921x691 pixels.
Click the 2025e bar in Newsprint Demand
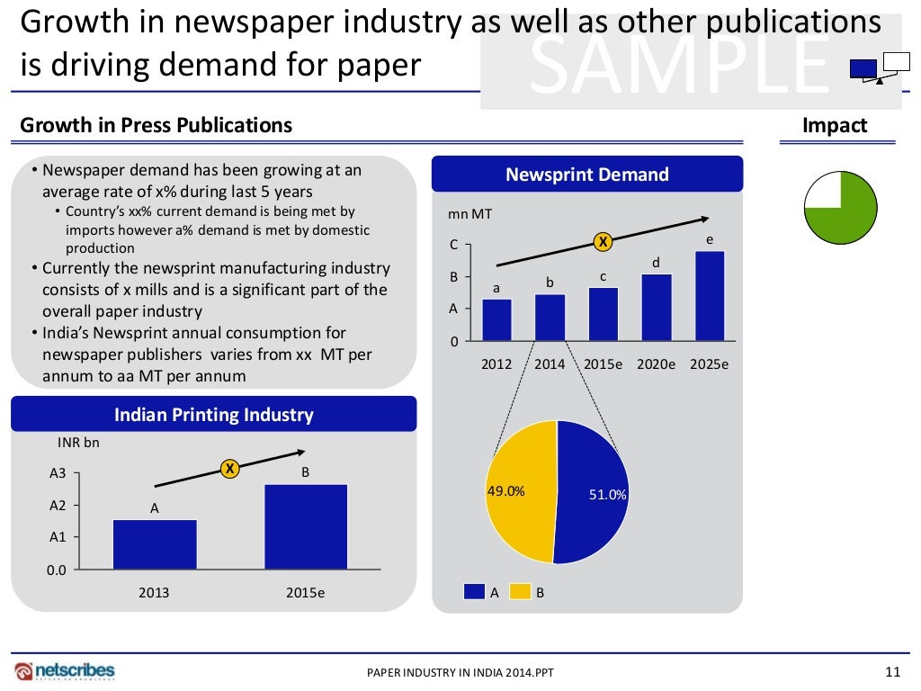[x=710, y=296]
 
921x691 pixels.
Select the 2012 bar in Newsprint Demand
[x=496, y=320]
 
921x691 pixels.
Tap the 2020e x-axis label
[x=657, y=364]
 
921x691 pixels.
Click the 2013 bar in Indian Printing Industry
[x=155, y=544]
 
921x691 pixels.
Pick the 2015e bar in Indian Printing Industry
[x=305, y=526]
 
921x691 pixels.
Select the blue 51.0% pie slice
[x=594, y=495]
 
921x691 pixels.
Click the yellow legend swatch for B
[x=520, y=592]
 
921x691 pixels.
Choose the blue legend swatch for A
[x=474, y=592]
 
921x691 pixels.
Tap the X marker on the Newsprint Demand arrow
[x=603, y=241]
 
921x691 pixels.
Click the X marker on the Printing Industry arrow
[x=229, y=469]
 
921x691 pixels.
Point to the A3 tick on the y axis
[x=58, y=472]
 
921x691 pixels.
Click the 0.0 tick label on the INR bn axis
[x=57, y=570]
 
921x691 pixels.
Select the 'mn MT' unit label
[x=469, y=214]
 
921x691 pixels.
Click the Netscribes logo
[x=65, y=670]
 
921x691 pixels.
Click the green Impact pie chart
[x=840, y=209]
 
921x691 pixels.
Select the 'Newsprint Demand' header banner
[x=587, y=175]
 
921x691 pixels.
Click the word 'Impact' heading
[x=835, y=126]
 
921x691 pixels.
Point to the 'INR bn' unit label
[x=78, y=442]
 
